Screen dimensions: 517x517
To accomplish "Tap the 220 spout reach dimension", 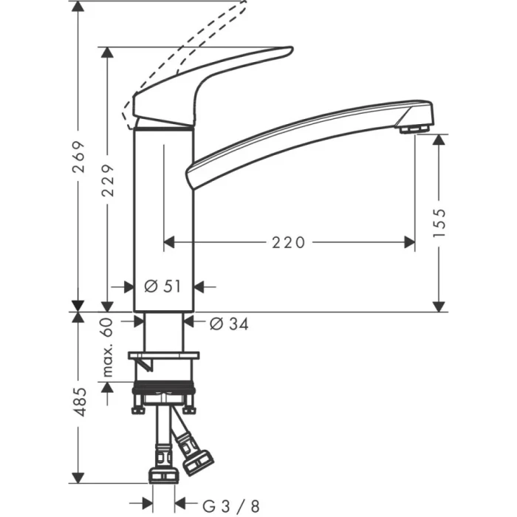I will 289,242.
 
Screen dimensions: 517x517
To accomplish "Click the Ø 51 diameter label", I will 162,287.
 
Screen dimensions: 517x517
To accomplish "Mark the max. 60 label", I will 107,348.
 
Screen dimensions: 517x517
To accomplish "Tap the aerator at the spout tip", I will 416,129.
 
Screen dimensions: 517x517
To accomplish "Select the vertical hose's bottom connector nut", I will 162,473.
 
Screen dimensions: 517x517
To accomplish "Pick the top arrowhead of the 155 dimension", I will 440,140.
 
